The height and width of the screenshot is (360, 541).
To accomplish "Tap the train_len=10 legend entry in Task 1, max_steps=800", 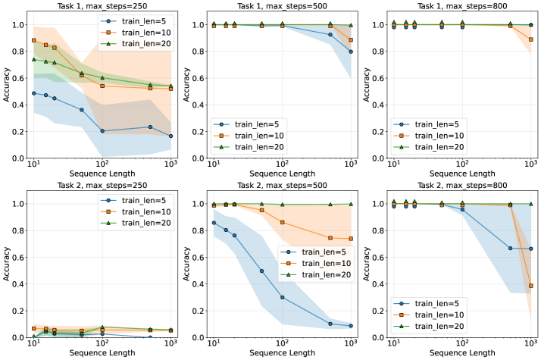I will tap(433, 133).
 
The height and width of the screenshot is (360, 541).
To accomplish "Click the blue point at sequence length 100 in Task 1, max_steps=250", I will tap(102, 131).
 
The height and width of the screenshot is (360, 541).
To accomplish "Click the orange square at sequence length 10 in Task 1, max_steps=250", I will tap(34, 40).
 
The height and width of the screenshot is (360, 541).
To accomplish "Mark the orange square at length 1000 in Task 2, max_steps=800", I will tap(531, 286).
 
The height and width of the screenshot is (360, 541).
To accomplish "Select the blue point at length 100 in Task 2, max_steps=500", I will tap(282, 297).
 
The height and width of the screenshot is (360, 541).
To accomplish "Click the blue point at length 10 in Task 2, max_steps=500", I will tap(214, 223).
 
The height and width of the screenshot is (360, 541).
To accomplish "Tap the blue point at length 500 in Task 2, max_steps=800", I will tap(511, 248).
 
